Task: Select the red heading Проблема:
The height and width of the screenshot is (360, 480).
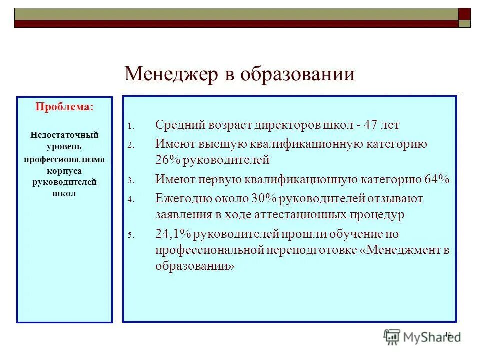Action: [x=64, y=107]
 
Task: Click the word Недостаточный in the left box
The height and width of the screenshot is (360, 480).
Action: [x=64, y=135]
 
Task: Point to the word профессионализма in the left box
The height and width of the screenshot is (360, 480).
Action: [x=64, y=159]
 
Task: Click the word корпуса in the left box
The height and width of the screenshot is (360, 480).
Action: [x=64, y=170]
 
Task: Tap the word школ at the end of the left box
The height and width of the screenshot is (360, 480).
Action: [x=64, y=194]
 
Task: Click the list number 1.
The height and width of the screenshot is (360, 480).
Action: [x=130, y=126]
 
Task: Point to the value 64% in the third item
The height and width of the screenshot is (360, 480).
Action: [x=437, y=180]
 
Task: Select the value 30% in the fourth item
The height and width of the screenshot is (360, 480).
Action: [x=264, y=199]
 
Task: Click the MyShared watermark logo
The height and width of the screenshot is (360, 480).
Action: [x=422, y=337]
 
